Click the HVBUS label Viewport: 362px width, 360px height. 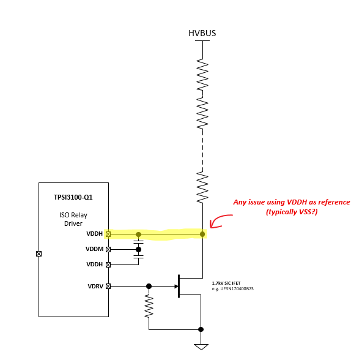(x=202, y=33)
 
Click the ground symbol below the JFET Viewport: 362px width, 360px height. (x=201, y=347)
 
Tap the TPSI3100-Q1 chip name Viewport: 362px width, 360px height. (x=73, y=197)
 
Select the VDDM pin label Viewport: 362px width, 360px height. (x=94, y=249)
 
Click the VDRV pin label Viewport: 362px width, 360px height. (x=95, y=287)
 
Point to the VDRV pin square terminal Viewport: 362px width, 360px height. (x=108, y=287)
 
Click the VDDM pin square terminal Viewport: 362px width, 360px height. (x=108, y=249)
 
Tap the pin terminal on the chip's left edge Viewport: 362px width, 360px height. (x=39, y=253)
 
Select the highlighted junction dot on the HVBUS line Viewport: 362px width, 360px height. (x=202, y=234)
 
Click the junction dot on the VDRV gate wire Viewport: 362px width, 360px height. (x=149, y=287)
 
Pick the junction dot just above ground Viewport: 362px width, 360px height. (x=201, y=329)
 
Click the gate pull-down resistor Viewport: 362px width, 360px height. (x=149, y=306)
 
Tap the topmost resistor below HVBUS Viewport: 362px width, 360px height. (x=202, y=75)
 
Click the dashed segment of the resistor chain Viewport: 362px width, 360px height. (x=202, y=150)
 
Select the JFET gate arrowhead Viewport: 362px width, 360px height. (x=176, y=287)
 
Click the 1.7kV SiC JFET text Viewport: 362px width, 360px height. (x=226, y=283)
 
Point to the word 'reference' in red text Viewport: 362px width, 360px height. (x=334, y=202)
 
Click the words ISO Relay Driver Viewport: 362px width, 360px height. (x=73, y=219)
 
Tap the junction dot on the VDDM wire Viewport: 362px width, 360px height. (x=139, y=249)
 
